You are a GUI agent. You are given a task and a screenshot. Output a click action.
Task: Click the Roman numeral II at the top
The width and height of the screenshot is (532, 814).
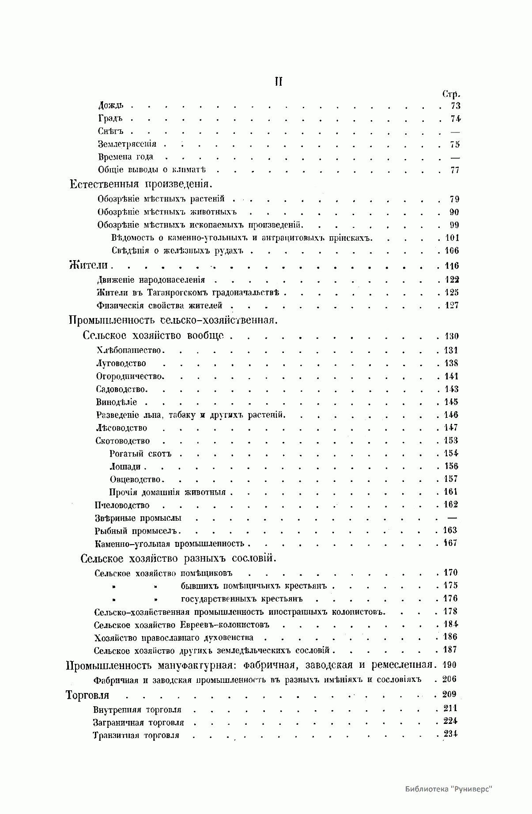[278, 82]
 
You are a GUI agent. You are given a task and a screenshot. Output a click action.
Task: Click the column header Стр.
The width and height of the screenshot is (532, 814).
[451, 94]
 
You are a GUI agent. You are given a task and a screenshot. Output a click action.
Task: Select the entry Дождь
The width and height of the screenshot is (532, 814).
[110, 106]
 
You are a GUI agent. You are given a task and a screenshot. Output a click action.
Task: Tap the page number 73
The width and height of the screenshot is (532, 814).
[455, 106]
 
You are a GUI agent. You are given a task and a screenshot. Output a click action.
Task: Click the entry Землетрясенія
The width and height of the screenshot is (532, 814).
[127, 144]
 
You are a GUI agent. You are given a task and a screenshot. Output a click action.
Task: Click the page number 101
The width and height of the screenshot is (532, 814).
[452, 238]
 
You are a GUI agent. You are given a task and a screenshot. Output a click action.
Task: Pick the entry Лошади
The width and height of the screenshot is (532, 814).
[125, 466]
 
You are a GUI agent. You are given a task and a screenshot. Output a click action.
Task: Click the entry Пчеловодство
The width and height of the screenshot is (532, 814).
[122, 505]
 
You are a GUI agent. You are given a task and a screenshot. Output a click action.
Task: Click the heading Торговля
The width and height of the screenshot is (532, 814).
[87, 695]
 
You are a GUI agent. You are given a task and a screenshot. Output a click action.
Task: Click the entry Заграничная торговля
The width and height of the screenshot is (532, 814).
[138, 723]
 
